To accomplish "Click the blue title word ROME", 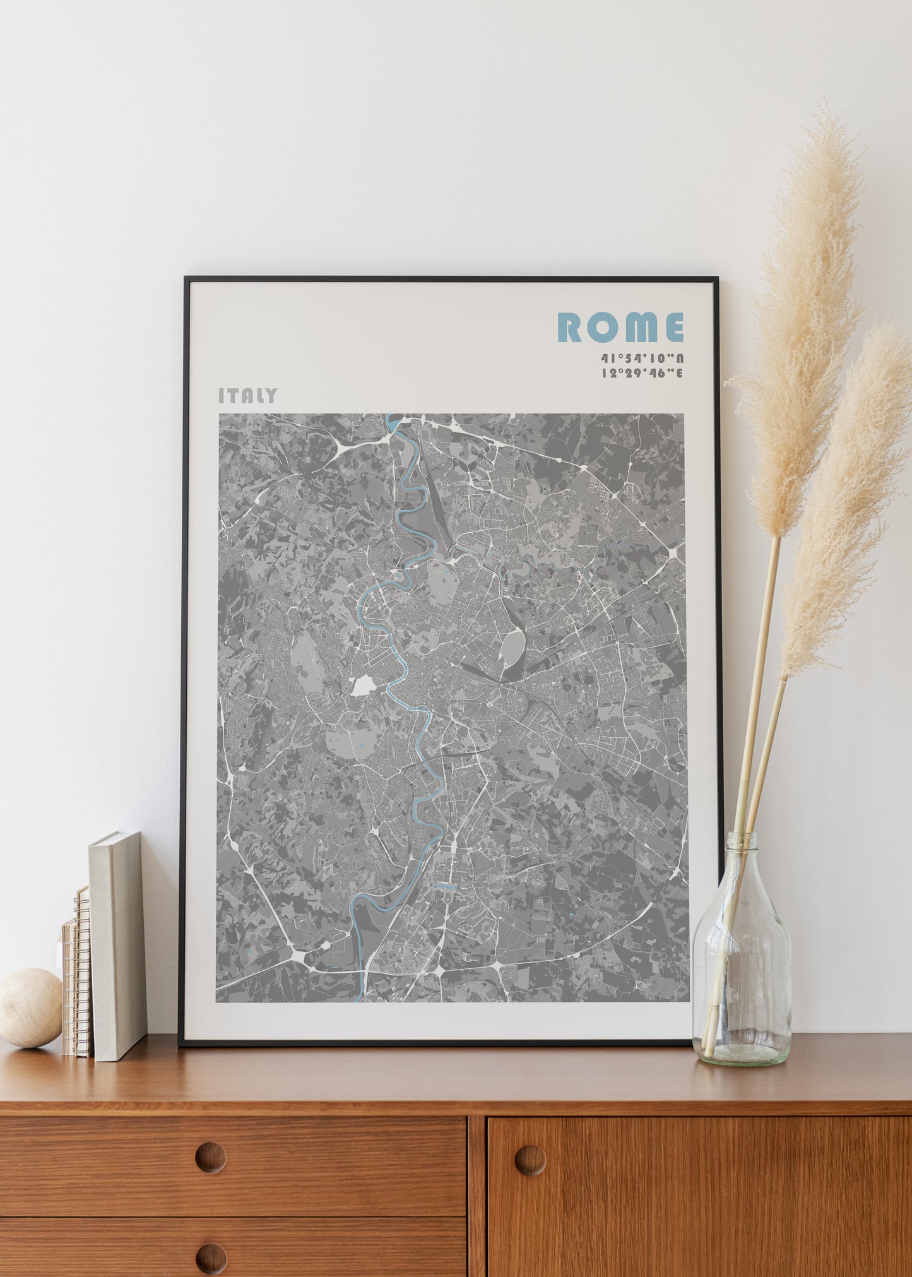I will pos(620,327).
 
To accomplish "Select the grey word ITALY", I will pos(247,396).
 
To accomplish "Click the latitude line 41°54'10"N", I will pos(642,359).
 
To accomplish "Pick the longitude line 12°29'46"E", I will pos(642,372).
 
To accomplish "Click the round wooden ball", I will pos(30,1007).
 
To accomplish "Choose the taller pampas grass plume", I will pos(811,316).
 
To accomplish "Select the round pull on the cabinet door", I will pos(530,1160).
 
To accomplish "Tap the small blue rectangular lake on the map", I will pos(447,886).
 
